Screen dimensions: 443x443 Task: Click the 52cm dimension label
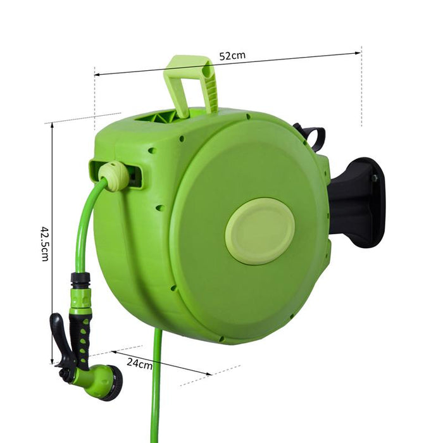232,56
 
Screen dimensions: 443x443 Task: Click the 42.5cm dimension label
45,243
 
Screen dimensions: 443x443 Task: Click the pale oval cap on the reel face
259,230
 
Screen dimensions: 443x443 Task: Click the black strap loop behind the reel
311,135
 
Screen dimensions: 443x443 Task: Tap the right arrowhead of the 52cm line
358,53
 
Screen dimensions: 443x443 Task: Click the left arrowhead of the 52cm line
97,75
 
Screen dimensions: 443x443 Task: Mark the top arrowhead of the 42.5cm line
53,125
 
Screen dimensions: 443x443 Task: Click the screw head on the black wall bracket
375,179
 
